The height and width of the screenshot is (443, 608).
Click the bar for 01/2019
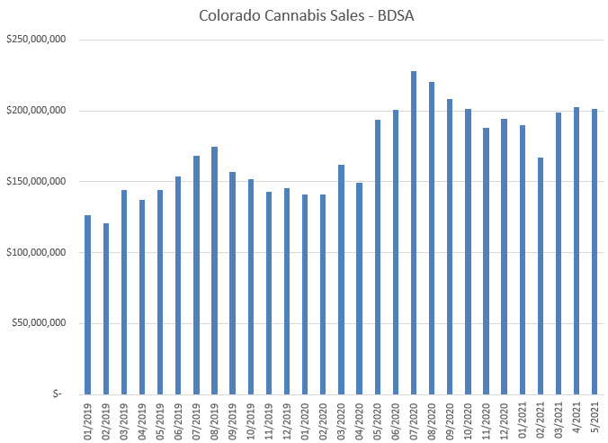coord(88,304)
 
